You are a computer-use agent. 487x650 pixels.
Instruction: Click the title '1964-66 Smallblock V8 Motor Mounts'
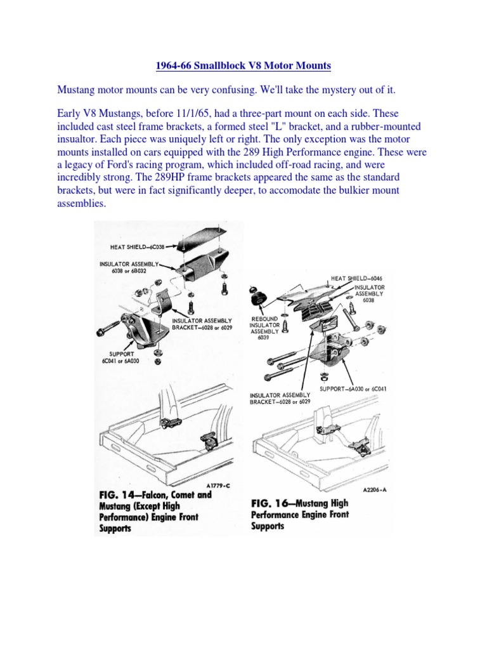[x=243, y=65]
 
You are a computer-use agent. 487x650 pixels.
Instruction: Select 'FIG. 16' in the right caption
[x=269, y=503]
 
